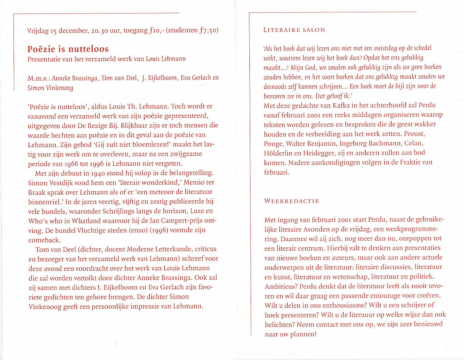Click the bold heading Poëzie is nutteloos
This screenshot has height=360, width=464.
68,49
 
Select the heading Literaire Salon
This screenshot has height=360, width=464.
294,30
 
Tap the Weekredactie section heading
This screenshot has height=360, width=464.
292,201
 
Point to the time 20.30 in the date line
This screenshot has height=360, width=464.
101,31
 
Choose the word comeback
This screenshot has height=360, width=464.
43,240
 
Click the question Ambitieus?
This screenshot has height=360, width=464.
279,286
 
